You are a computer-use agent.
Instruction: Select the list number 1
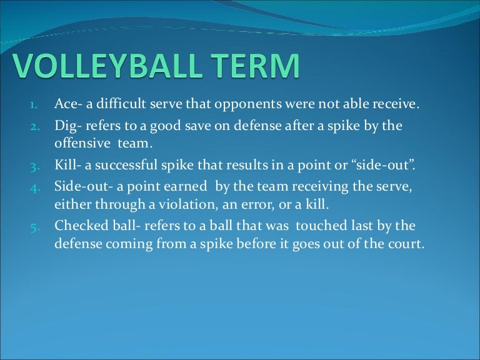point(36,105)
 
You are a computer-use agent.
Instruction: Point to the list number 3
point(36,167)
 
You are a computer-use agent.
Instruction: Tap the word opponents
point(241,104)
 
